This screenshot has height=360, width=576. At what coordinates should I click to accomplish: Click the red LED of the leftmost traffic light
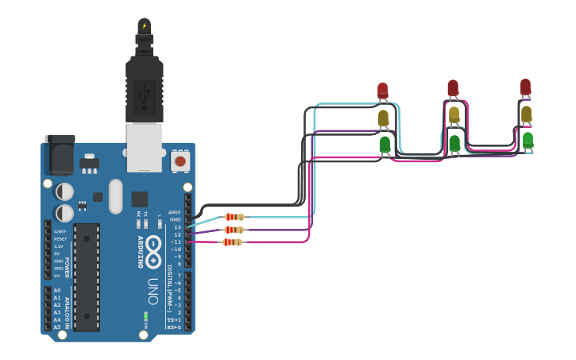point(382,90)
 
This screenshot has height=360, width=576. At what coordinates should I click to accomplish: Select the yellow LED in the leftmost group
point(383,118)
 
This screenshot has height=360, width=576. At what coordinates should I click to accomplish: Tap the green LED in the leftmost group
point(385,144)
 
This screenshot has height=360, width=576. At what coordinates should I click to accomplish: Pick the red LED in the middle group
point(453,87)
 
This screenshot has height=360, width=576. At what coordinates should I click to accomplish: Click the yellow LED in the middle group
point(454,114)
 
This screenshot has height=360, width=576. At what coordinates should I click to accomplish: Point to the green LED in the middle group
point(454,143)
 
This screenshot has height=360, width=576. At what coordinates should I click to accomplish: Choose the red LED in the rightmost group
point(525,86)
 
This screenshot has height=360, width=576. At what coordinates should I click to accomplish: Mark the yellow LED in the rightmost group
point(526,114)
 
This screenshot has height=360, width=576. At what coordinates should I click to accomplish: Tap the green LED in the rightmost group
point(528,140)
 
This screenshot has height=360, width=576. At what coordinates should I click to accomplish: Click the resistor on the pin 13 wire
point(234,217)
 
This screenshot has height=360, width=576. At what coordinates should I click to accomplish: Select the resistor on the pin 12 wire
point(234,230)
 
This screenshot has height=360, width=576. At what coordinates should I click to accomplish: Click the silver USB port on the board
point(145,147)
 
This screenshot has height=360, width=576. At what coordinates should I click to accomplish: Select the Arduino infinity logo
point(153,246)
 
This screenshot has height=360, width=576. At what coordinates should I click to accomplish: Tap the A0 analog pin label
point(56,291)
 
